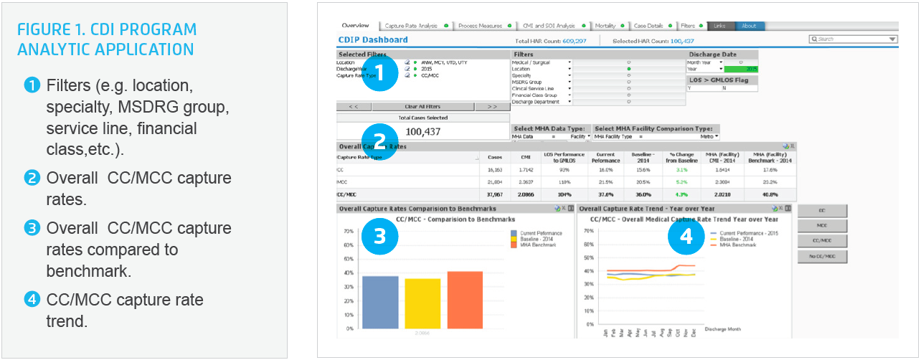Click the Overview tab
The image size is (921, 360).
point(356,26)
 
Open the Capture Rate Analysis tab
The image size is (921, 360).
point(412,26)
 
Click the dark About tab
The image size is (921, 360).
point(749,26)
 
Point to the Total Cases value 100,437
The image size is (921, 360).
point(422,131)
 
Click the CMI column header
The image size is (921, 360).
point(526,157)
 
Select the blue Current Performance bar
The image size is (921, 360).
point(380,302)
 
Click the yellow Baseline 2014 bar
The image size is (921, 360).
point(422,303)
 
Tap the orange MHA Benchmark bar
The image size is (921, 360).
point(465,300)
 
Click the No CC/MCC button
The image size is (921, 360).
point(822,256)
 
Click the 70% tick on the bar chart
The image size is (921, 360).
point(349,232)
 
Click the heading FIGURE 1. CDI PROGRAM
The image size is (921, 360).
point(107,30)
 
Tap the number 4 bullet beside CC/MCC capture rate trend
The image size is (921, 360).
point(31,300)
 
